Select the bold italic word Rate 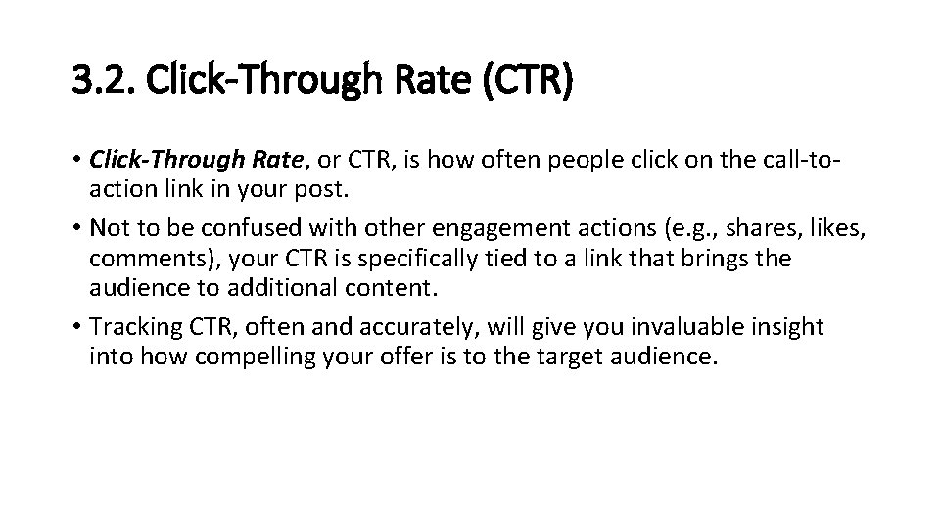pyautogui.click(x=269, y=157)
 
